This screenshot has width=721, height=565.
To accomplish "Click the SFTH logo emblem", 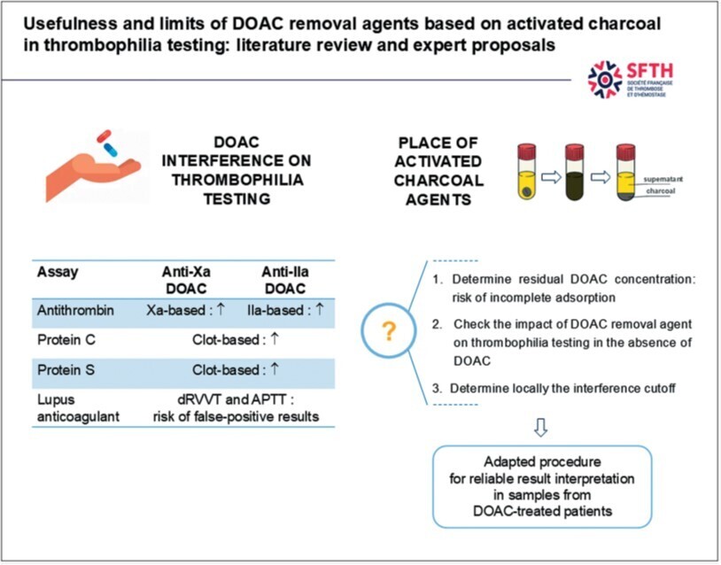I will point(605,80).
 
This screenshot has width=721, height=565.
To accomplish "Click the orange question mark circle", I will point(386,333).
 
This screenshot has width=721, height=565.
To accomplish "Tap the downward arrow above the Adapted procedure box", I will point(542,428).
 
